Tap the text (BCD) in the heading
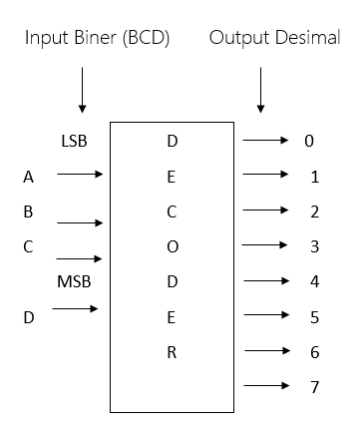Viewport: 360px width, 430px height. (x=145, y=38)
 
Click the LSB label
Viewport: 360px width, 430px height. (x=74, y=141)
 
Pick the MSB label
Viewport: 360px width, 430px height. (x=74, y=282)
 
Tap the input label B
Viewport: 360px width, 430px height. (x=30, y=212)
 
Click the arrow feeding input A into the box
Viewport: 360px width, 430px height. (x=80, y=176)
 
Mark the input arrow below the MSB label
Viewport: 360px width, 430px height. (x=76, y=309)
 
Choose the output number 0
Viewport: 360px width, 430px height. (x=309, y=141)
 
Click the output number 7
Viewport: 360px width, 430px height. (x=314, y=386)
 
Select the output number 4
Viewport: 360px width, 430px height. (x=314, y=282)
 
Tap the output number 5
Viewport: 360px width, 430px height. (x=314, y=317)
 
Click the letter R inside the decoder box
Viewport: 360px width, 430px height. (x=172, y=351)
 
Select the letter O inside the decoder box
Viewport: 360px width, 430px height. (x=172, y=246)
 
